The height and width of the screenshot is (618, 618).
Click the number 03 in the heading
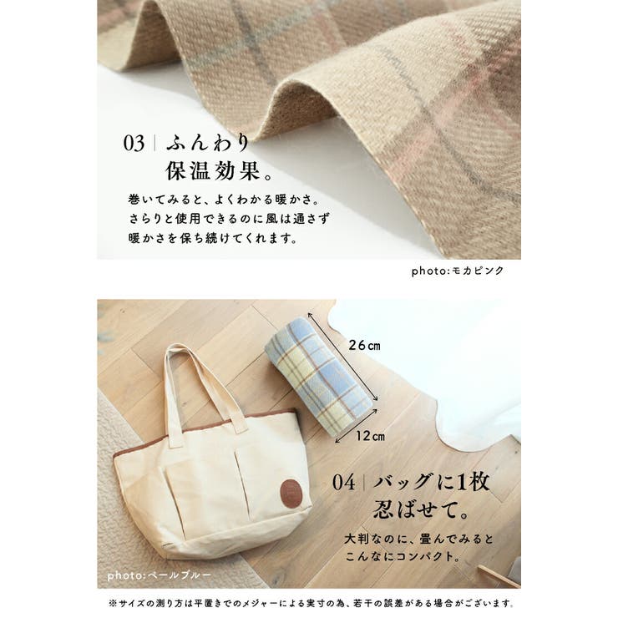pyautogui.click(x=134, y=143)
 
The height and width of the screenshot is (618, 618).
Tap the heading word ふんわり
pyautogui.click(x=208, y=142)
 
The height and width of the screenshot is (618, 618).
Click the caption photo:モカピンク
pyautogui.click(x=458, y=271)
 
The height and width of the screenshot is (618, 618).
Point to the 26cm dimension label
pyautogui.click(x=365, y=345)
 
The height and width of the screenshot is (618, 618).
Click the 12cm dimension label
pyautogui.click(x=370, y=436)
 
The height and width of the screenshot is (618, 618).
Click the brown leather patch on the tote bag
pyautogui.click(x=291, y=493)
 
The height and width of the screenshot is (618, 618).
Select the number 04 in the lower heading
pyautogui.click(x=343, y=483)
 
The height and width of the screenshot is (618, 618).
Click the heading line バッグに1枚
pyautogui.click(x=431, y=482)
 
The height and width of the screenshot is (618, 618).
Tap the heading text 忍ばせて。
pyautogui.click(x=421, y=509)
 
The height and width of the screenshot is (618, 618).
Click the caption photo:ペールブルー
pyautogui.click(x=160, y=575)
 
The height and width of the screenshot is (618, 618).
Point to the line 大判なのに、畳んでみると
pyautogui.click(x=418, y=539)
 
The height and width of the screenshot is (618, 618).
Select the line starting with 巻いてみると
pyautogui.click(x=224, y=200)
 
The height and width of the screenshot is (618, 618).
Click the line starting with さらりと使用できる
pyautogui.click(x=229, y=218)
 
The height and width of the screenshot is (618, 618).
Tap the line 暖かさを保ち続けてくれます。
pyautogui.click(x=213, y=238)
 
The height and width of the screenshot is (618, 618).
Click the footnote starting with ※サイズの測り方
pyautogui.click(x=312, y=604)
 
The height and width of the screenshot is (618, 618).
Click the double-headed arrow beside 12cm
pyautogui.click(x=357, y=426)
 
